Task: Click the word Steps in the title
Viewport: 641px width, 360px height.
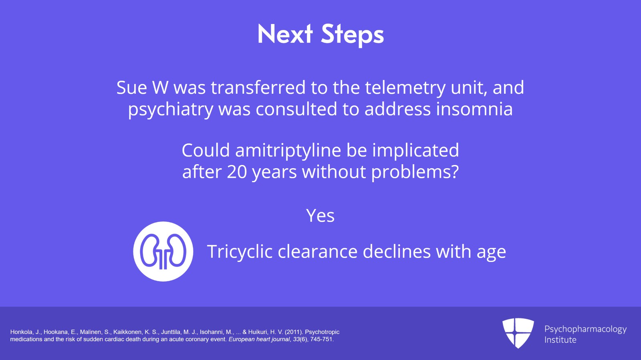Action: click(352, 34)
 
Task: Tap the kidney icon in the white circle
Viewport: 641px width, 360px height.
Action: click(163, 251)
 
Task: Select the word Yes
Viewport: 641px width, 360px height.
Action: click(320, 216)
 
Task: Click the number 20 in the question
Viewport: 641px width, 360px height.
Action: click(237, 172)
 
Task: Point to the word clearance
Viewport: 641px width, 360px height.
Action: click(317, 252)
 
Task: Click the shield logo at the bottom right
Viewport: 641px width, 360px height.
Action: click(518, 333)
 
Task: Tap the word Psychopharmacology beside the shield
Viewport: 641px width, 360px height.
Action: click(585, 329)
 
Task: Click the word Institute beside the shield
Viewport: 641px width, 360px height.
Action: click(560, 340)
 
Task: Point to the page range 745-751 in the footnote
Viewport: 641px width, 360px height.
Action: click(321, 339)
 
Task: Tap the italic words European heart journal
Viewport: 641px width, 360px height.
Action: click(259, 339)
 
